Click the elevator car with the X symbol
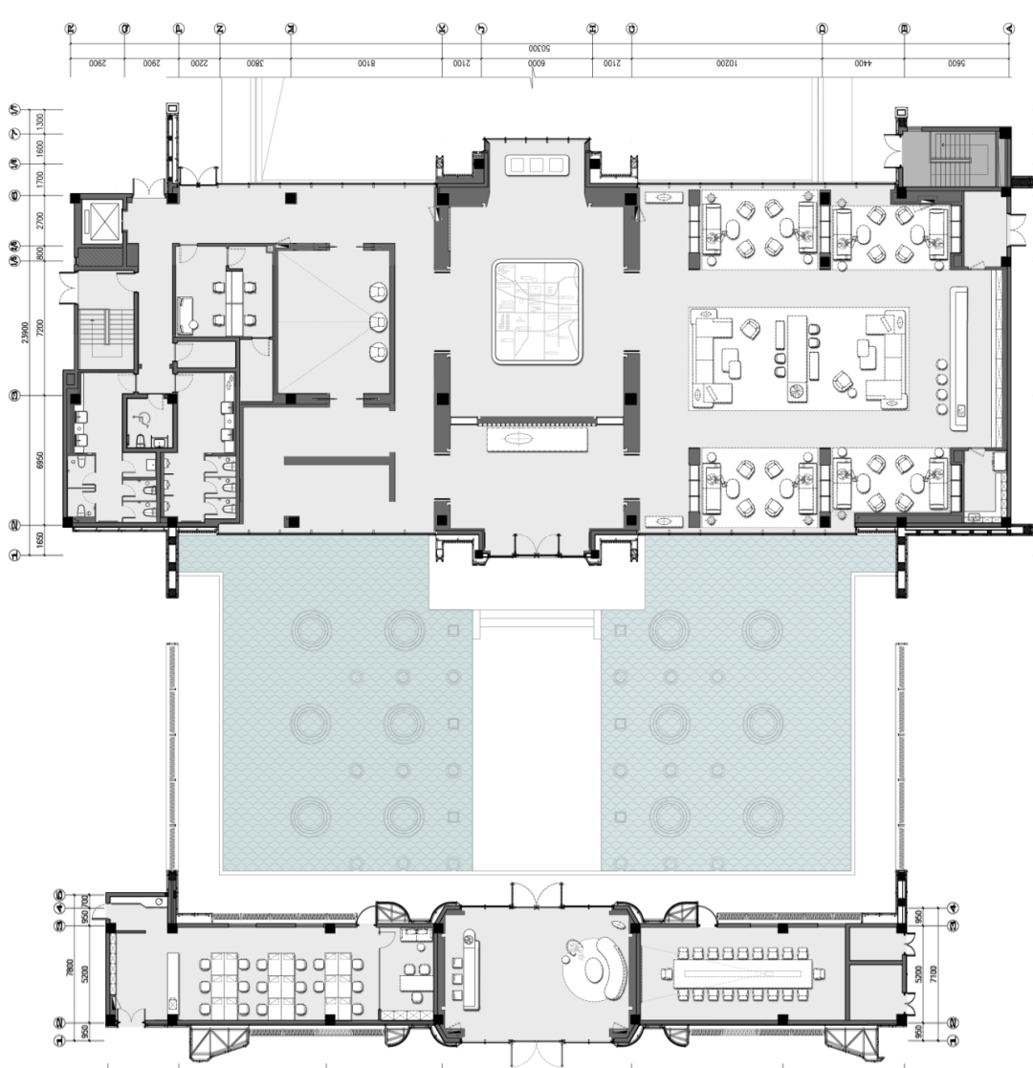click(99, 221)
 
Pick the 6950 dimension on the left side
click(39, 460)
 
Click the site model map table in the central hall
click(537, 312)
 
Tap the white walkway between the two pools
click(537, 746)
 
